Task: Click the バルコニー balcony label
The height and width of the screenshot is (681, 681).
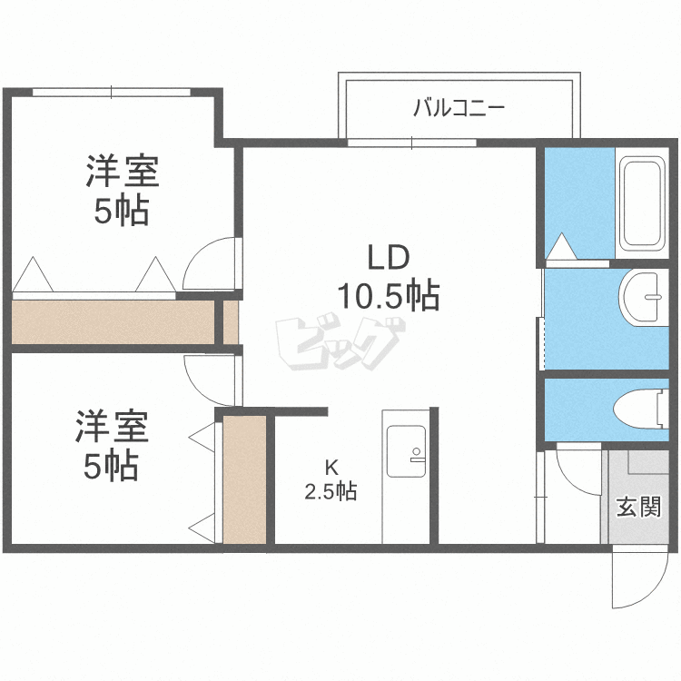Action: (459, 108)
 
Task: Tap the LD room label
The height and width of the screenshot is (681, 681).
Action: (389, 257)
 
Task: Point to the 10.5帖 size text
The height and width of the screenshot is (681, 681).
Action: (389, 296)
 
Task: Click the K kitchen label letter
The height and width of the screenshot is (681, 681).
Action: (331, 468)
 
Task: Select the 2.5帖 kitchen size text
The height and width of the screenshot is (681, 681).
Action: (331, 491)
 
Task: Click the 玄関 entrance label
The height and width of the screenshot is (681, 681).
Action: (638, 507)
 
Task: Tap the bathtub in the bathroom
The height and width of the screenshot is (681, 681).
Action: (642, 202)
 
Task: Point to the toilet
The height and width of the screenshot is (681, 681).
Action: (641, 409)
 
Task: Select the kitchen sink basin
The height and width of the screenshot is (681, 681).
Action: (407, 450)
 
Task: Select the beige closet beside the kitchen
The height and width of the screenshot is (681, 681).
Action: (244, 479)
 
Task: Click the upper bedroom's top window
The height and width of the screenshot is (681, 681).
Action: (112, 92)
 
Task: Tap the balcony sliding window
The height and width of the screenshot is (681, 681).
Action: (411, 143)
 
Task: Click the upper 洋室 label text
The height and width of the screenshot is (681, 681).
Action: (123, 171)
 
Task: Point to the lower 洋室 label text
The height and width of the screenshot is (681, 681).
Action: (112, 426)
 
